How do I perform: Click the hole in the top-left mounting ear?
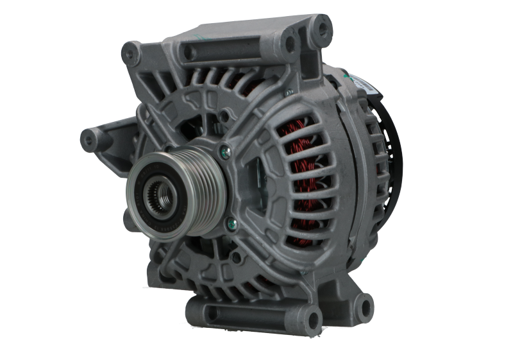point(131,49)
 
